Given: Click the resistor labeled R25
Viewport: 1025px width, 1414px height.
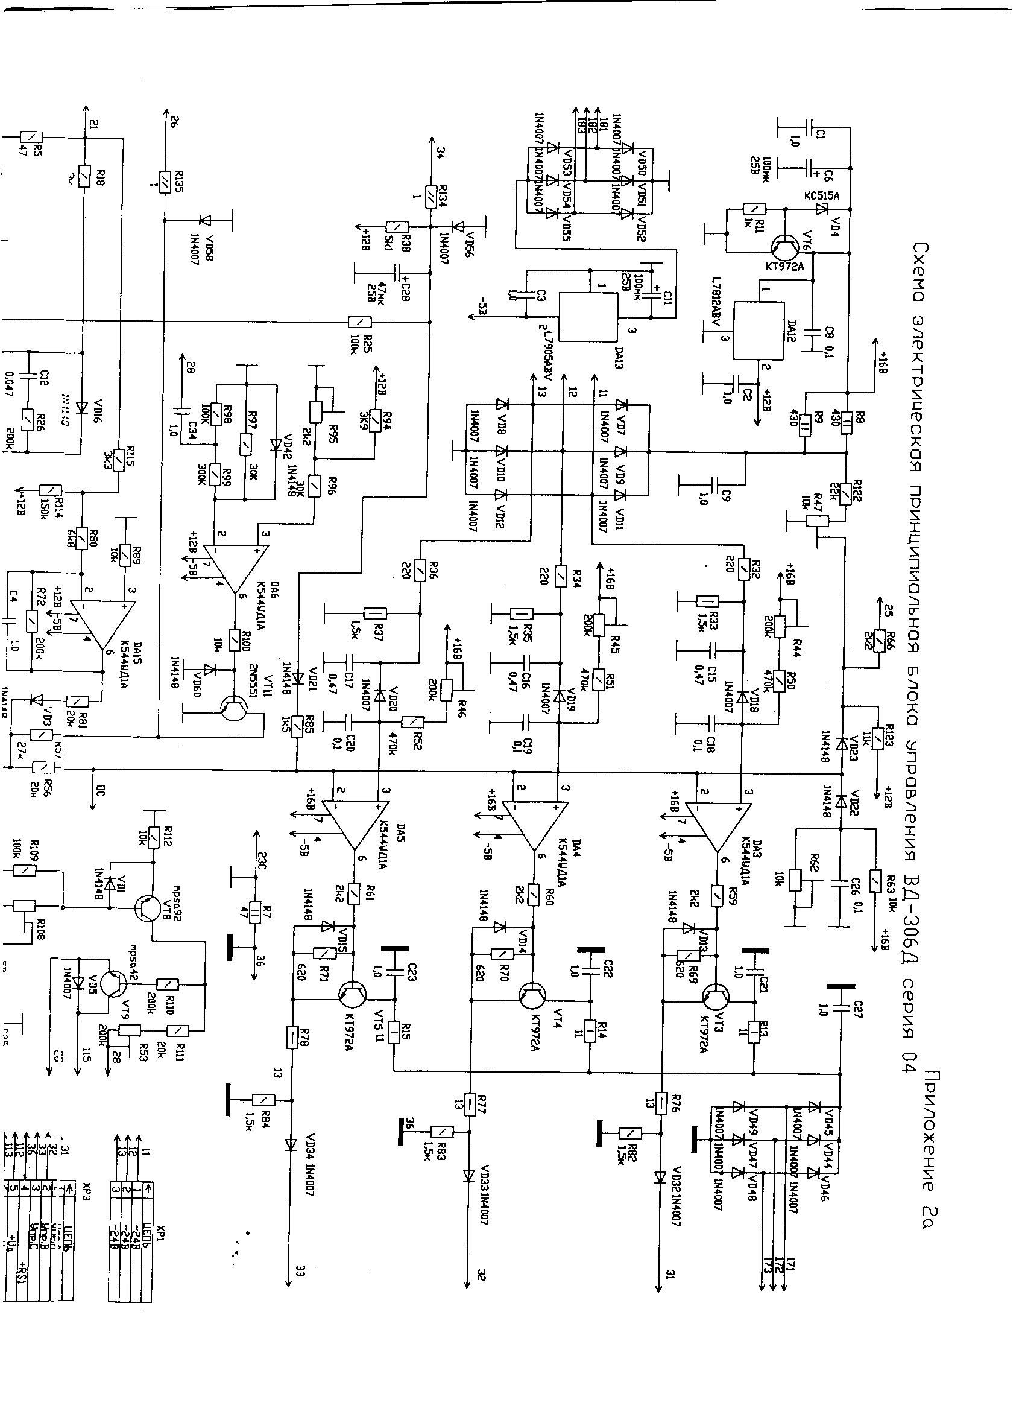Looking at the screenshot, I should click(359, 322).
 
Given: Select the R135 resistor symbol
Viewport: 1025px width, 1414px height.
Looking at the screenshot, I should click(164, 182).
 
